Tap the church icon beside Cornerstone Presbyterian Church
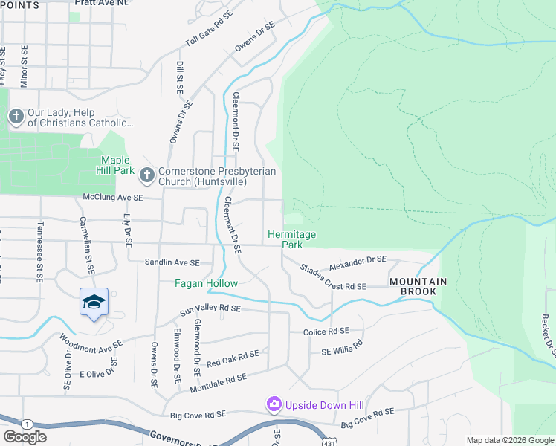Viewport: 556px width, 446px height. [x=146, y=175]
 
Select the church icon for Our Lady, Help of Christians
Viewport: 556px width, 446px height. [x=15, y=117]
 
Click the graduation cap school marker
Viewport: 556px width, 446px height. [x=94, y=302]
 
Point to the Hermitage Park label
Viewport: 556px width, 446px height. [x=291, y=239]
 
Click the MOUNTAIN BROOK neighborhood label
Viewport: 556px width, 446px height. [x=418, y=287]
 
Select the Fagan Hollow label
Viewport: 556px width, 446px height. [x=206, y=283]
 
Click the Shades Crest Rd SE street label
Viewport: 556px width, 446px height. [x=334, y=277]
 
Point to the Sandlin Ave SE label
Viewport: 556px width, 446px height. [x=172, y=262]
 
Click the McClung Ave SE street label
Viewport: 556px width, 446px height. [x=111, y=198]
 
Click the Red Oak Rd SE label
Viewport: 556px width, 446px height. [x=233, y=358]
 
